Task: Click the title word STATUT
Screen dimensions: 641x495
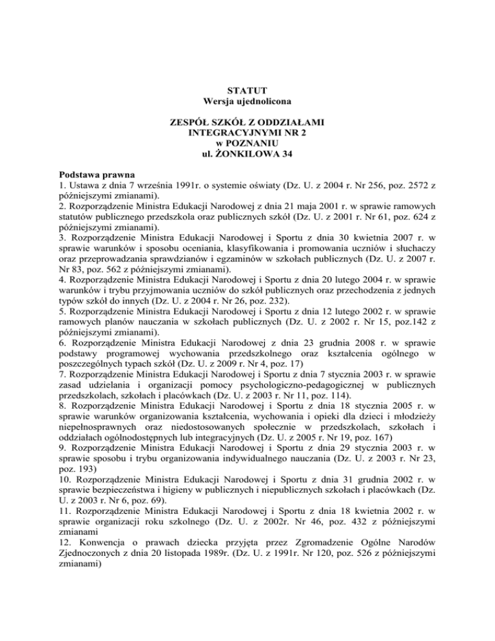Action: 247,90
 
